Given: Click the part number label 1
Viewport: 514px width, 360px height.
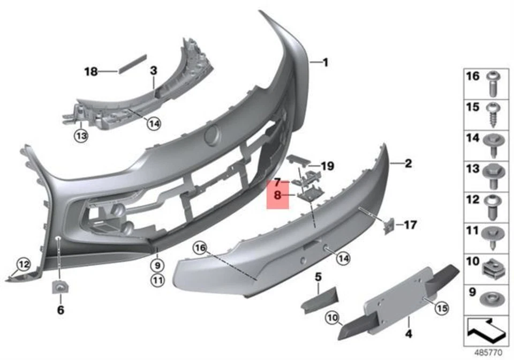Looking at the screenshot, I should tap(325, 63).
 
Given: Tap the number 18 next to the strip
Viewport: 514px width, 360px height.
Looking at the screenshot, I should tap(91, 71).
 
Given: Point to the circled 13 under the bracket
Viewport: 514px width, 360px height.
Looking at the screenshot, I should tap(81, 137).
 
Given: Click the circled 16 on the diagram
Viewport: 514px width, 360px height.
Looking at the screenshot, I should tap(200, 248).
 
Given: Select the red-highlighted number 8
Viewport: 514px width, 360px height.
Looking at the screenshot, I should tap(277, 196).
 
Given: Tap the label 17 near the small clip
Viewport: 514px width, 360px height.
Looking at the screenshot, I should tap(410, 225).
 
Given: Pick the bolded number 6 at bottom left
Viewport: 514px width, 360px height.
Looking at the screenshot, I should tap(60, 310).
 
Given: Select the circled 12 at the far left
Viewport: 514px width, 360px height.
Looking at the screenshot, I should tap(24, 264).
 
